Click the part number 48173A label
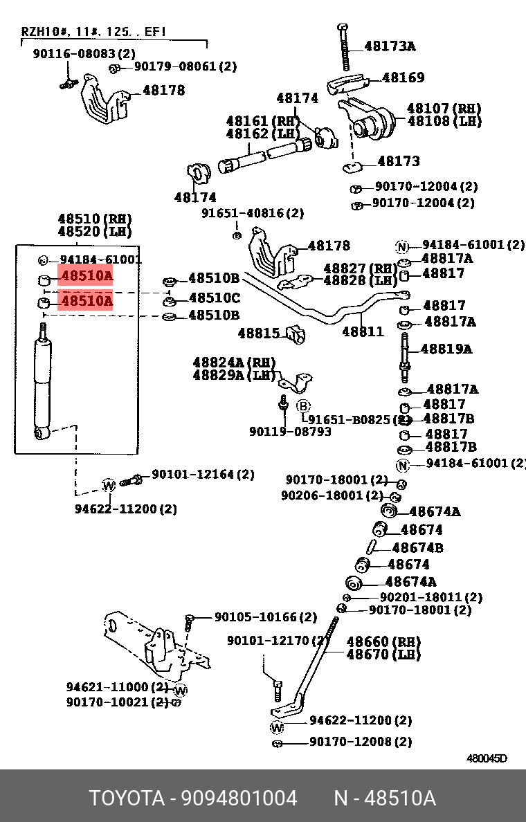coord(390,47)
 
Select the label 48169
coord(403,77)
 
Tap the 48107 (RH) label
coord(444,109)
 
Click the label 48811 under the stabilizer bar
coord(363,331)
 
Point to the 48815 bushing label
coord(259,333)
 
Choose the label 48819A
coord(446,349)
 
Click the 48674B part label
coord(417,547)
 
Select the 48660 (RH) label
coord(383,642)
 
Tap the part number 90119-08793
coord(290,432)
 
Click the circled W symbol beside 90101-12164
coord(109,485)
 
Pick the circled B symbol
coord(303,405)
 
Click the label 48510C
coord(214,298)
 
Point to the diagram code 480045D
coord(486,758)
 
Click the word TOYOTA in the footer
coord(125,798)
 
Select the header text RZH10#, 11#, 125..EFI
coord(93,31)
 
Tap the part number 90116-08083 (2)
coord(84,53)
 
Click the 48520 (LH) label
coord(94,231)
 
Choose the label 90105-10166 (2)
coord(265,616)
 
